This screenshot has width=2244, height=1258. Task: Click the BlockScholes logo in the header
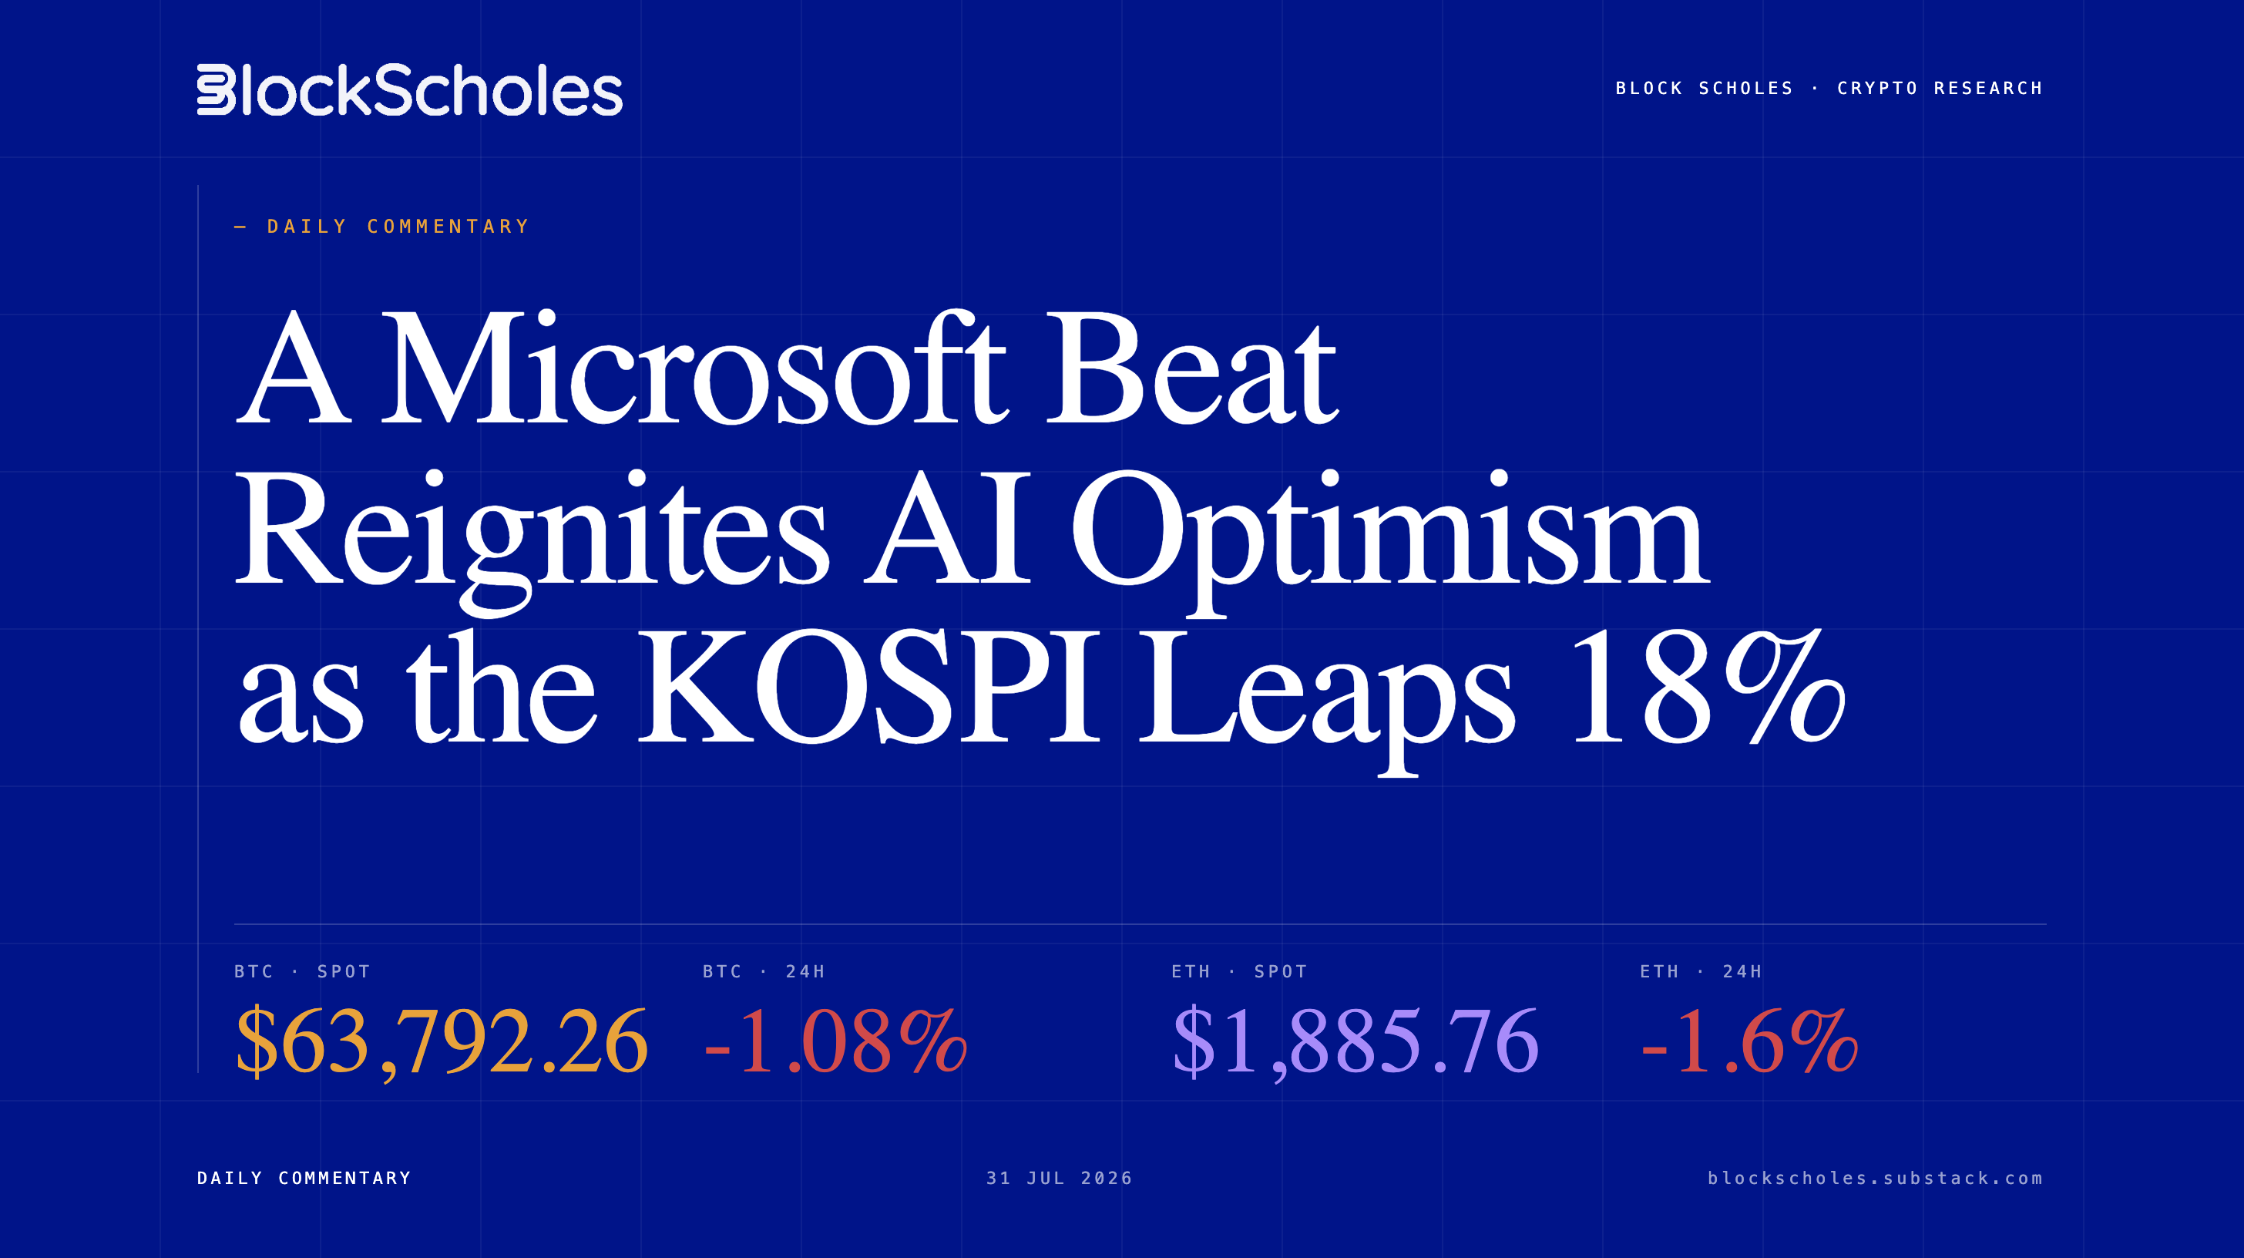(409, 89)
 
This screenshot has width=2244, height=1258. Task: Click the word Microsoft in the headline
(694, 368)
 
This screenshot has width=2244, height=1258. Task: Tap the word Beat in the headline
(1191, 368)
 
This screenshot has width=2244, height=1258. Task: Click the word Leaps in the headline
(1328, 697)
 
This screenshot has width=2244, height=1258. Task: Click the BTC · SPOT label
(302, 971)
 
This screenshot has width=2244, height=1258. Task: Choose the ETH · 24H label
(1701, 971)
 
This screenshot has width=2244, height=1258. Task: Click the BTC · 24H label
(763, 971)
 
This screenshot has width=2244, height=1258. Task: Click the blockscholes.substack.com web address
(1875, 1178)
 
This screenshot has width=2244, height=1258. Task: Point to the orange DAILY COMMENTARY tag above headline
(398, 227)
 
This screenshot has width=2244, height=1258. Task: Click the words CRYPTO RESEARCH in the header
(1940, 88)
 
